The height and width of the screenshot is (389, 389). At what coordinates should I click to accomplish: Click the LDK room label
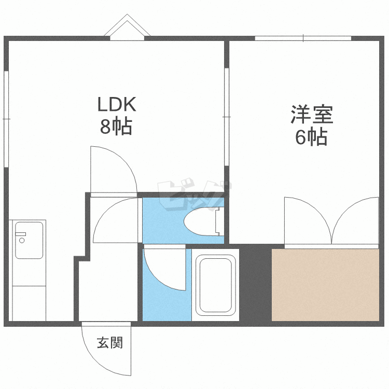coord(117,104)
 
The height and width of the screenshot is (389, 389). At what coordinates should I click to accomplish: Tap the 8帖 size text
coord(116,127)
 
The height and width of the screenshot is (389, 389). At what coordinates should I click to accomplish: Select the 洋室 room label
coord(312,115)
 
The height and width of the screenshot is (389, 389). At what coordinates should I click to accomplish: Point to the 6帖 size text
coord(311,137)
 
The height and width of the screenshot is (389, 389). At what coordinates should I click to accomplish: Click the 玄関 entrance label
coord(110,342)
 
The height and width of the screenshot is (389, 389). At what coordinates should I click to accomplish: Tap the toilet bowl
coord(204,221)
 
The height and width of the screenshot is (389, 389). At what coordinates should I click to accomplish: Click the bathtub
coord(216,285)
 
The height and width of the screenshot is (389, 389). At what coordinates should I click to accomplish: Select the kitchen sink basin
coord(29,240)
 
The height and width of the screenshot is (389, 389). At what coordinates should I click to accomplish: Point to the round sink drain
coord(22,240)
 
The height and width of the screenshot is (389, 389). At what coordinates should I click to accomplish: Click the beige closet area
coord(325,285)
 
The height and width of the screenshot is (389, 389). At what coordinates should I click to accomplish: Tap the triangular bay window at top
coord(127,27)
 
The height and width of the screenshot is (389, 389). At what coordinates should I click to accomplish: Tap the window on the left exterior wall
coord(6,119)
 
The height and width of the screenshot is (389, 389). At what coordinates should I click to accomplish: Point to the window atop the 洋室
coord(303,38)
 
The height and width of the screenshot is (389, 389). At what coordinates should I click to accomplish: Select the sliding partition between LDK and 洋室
coord(227,117)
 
